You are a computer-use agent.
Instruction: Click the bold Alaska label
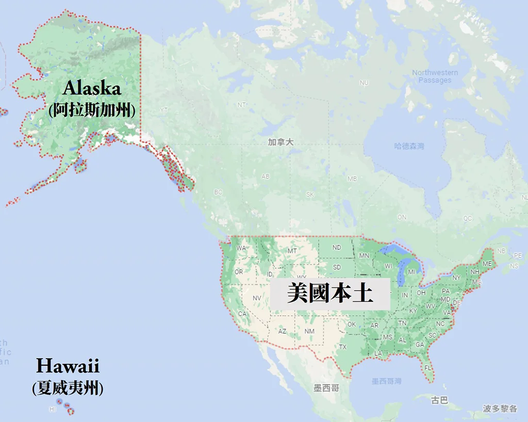click(92, 88)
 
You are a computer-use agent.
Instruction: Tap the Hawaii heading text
click(68, 367)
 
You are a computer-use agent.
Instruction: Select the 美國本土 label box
click(330, 295)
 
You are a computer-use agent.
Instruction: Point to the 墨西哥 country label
click(326, 387)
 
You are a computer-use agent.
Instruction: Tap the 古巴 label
click(439, 400)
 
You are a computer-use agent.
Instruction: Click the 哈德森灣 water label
click(409, 147)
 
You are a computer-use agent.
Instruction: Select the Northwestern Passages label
click(435, 76)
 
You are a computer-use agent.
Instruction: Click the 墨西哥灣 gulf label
click(386, 381)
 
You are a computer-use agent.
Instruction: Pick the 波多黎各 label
click(500, 409)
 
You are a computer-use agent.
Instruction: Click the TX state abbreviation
click(342, 347)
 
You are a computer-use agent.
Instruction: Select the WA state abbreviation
click(241, 248)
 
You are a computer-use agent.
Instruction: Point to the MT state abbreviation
click(292, 251)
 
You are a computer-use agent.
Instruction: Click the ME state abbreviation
click(487, 264)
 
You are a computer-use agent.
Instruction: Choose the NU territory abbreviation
click(364, 83)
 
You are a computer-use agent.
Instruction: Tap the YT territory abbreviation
click(164, 110)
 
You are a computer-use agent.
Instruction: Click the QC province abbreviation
click(467, 218)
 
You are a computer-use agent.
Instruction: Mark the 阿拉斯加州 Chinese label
click(92, 110)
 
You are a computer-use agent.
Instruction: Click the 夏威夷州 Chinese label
click(68, 387)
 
